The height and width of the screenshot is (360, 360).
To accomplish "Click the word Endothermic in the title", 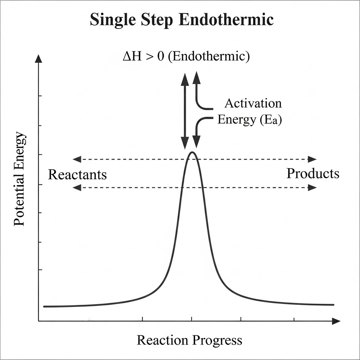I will point(226,20).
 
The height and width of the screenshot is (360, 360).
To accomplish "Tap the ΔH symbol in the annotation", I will point(131,57).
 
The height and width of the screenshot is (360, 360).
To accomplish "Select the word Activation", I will point(253,103).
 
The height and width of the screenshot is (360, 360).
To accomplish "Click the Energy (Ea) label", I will point(250,120).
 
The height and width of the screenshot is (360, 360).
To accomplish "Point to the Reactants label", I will point(77,174).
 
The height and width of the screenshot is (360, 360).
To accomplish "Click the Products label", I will point(313,173).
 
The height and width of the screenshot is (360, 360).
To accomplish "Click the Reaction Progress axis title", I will point(189,340).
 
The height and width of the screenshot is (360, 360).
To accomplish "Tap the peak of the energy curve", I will point(192,152).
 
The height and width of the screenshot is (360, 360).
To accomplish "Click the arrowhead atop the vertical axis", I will point(38,58).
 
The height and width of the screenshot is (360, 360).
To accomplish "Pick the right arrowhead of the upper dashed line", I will point(312,159).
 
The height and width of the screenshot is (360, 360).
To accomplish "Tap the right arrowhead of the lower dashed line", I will point(312,188).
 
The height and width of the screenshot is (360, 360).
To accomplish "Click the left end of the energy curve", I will point(45,306).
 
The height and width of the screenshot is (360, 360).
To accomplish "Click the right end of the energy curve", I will point(333,304).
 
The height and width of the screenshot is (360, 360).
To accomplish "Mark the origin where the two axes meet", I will point(38,321).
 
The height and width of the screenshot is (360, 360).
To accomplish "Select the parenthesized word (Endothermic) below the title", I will point(209,57).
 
